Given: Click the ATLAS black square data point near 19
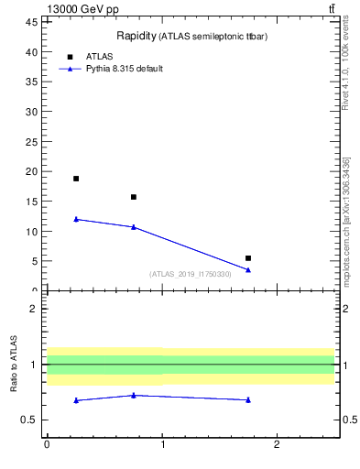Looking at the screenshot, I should tap(76, 179).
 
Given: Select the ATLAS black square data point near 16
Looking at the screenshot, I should tap(134, 197).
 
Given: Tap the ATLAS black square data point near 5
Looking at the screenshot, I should tap(248, 258).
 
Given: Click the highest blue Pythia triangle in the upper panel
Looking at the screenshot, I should tap(76, 219).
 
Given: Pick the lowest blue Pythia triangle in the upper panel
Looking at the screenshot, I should tap(248, 269).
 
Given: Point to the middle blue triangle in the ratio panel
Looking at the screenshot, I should tap(134, 395).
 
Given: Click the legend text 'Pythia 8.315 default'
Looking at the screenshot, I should tap(125, 69).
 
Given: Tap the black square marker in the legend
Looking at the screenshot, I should tap(69, 57).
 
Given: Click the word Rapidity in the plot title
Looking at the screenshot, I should tap(135, 36).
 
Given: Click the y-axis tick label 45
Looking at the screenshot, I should tap(33, 23).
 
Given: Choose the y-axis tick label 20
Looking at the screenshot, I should tap(33, 171).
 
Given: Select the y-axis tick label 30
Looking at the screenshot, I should tap(33, 112).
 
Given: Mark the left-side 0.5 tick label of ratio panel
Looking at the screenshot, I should tap(32, 420).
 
